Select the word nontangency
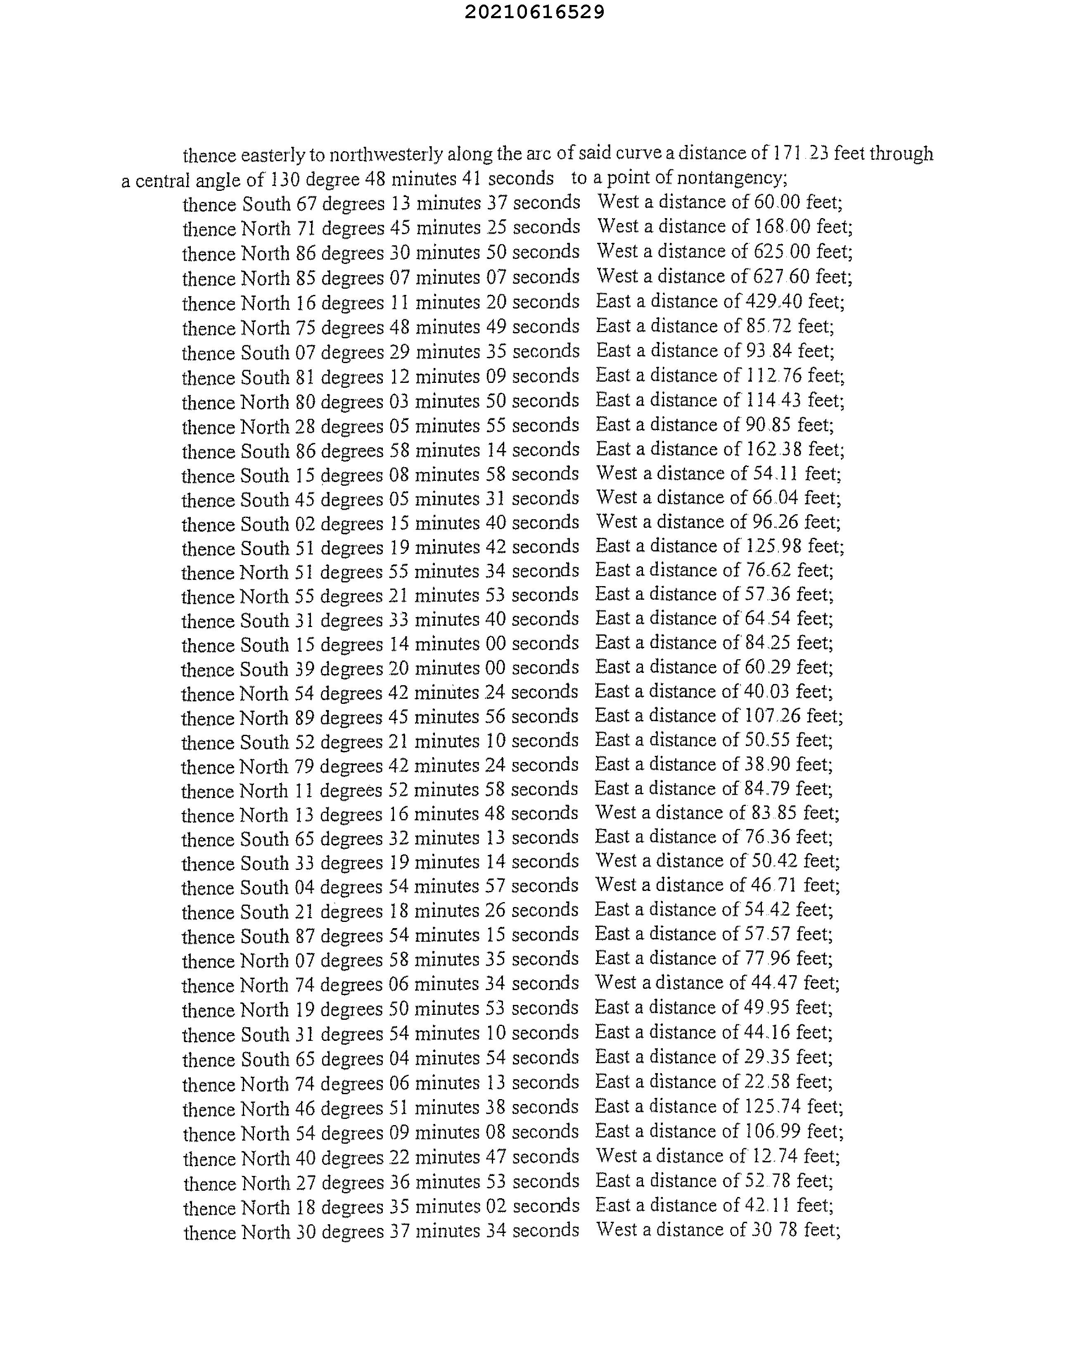pyautogui.click(x=733, y=178)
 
